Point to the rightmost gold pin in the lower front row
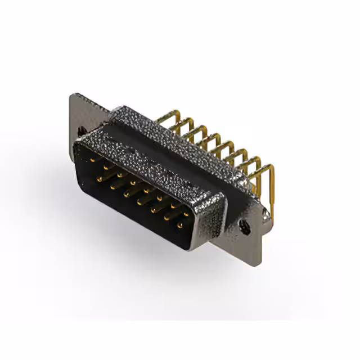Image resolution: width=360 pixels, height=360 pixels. click(180, 226)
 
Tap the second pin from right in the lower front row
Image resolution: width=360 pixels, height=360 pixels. click(166, 218)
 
